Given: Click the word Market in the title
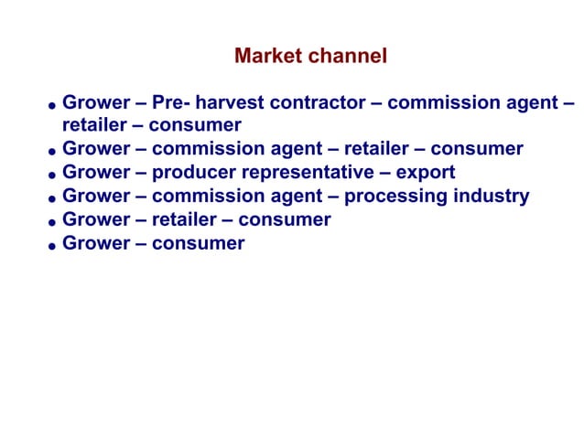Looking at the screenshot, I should pos(267,57).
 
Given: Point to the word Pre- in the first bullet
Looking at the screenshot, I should pos(171,102).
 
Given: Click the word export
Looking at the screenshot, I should pos(425,173).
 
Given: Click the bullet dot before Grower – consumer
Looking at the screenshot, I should pos(54,246).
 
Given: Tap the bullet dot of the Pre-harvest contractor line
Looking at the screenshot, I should pos(54,105).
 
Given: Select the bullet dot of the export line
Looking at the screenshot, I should pos(54,176).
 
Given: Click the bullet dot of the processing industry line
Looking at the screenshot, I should pos(54,199).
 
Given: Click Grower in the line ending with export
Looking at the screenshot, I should pos(96,173).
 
